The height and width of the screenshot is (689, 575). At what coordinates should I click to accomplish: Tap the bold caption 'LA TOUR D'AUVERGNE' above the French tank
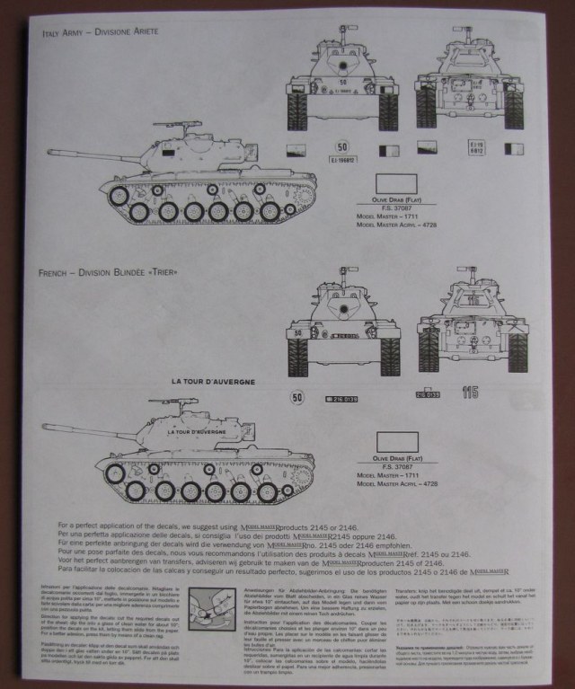(215, 382)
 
